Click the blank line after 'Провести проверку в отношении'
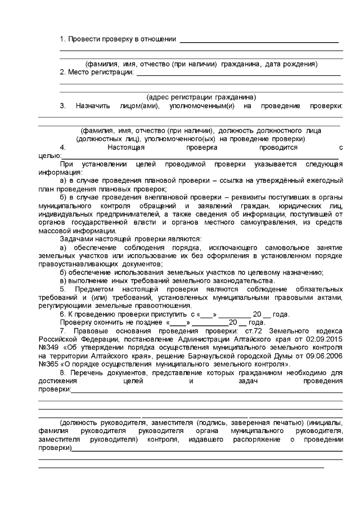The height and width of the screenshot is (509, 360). [x=259, y=42]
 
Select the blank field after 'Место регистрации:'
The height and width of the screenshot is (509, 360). [x=238, y=74]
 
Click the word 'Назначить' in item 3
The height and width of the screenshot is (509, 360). [x=92, y=106]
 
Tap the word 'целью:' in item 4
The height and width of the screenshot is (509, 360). [x=49, y=156]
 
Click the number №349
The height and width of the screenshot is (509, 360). [x=48, y=341]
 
